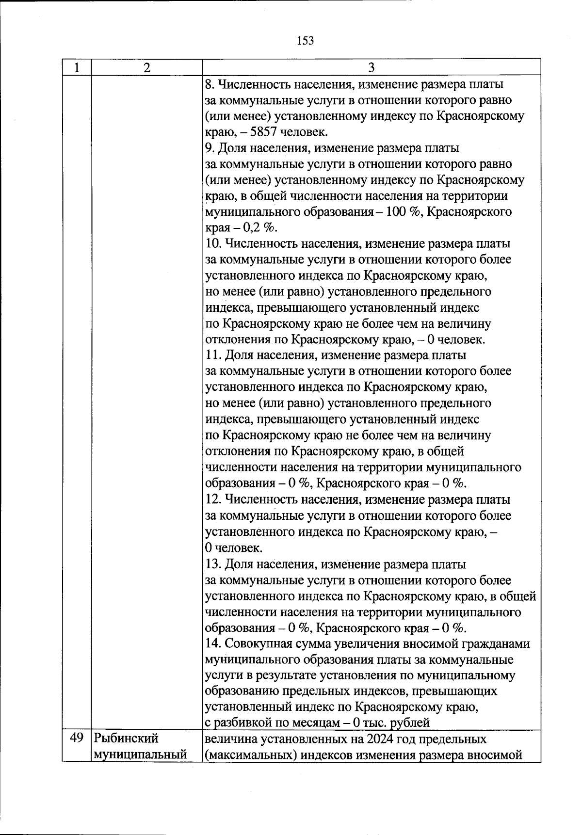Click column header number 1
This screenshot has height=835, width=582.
76,67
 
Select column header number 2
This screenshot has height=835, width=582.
147,67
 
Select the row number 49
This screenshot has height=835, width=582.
77,739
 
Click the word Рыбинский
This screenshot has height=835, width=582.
127,739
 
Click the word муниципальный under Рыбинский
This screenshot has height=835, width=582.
140,755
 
